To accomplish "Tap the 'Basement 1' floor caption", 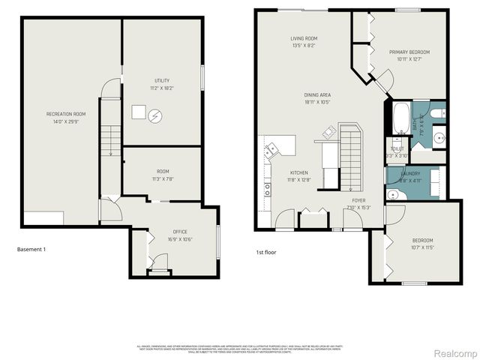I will pos(31,249).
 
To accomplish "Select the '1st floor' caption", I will pos(265,252).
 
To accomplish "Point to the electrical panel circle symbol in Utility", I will pos(155,115).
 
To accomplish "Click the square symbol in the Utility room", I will pos(138,112).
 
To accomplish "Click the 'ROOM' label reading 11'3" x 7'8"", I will pos(163,172).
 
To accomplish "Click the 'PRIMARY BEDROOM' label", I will pos(407,52).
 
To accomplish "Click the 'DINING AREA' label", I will pos(317,94).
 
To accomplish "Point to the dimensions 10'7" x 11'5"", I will pos(423,247).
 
